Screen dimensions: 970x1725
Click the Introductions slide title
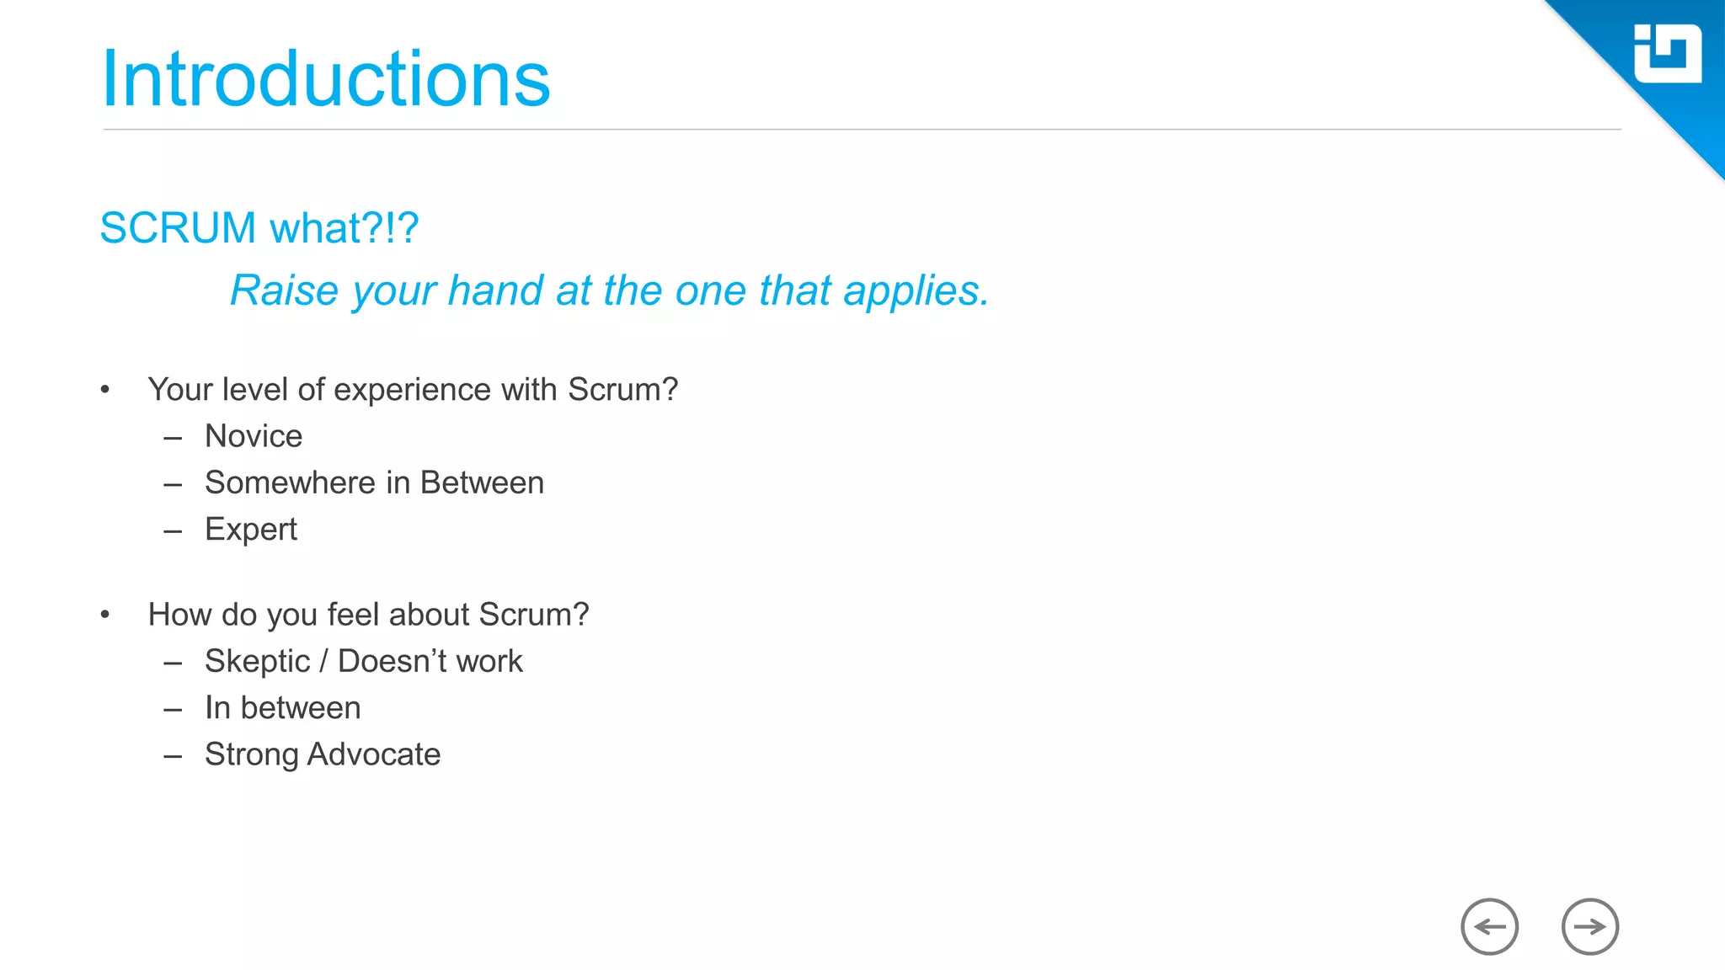point(325,79)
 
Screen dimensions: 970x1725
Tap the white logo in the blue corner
point(1667,54)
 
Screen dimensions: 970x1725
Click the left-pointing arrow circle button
point(1489,927)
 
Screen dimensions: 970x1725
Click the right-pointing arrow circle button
point(1589,927)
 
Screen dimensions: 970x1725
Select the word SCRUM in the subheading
point(178,228)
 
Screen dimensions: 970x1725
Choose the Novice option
point(254,436)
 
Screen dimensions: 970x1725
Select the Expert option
point(251,530)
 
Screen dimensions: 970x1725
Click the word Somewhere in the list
point(290,483)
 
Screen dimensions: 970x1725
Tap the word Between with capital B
point(482,483)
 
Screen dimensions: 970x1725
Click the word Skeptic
point(257,662)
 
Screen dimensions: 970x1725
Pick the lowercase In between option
point(282,708)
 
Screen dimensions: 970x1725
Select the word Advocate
point(374,754)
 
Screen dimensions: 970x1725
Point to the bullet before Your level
point(105,390)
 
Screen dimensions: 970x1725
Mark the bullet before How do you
point(105,615)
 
